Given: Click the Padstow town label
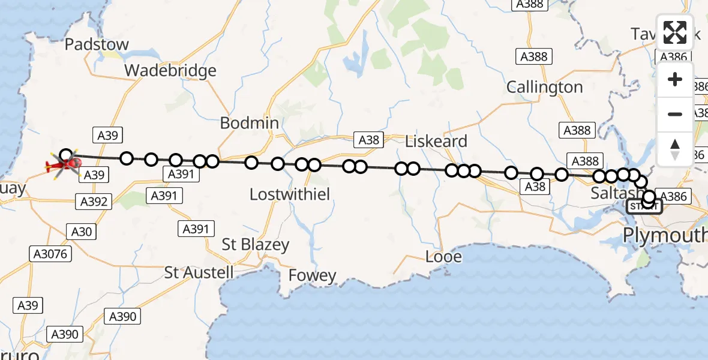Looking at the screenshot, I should [x=97, y=44].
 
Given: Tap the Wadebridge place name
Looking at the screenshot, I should [x=170, y=71].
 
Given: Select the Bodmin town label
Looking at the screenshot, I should [x=249, y=123].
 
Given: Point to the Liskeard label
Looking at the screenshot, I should [x=436, y=142].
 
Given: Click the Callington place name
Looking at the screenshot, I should [x=544, y=87].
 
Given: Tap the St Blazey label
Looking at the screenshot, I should [x=255, y=245].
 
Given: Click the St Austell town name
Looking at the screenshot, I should [x=199, y=272].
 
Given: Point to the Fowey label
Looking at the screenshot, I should [x=312, y=275].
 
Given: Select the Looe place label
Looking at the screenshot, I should [x=443, y=257].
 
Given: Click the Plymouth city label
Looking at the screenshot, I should [x=665, y=235].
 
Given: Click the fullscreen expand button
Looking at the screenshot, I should [x=675, y=32].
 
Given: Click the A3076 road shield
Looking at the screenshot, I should [x=50, y=254].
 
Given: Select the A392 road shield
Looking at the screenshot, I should [x=94, y=202].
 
